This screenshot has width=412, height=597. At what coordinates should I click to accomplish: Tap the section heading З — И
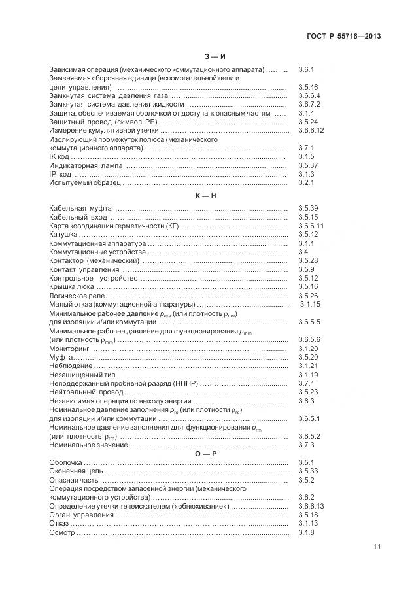click(205, 57)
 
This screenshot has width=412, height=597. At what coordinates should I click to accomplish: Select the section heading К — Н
click(205, 196)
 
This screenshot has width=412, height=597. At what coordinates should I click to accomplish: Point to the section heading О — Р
click(205, 453)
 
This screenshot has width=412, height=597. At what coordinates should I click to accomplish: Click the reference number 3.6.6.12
click(311, 131)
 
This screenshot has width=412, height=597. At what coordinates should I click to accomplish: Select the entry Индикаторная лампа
click(85, 166)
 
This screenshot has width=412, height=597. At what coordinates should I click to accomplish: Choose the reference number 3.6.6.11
click(311, 226)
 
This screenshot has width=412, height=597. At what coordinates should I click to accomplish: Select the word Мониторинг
click(69, 349)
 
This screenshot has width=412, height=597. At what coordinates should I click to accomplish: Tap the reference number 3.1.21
click(307, 366)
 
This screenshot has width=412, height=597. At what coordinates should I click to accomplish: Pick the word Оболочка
click(66, 462)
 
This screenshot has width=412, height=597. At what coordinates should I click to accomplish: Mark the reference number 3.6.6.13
click(311, 507)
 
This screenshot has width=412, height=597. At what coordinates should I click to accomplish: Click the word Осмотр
click(63, 533)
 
